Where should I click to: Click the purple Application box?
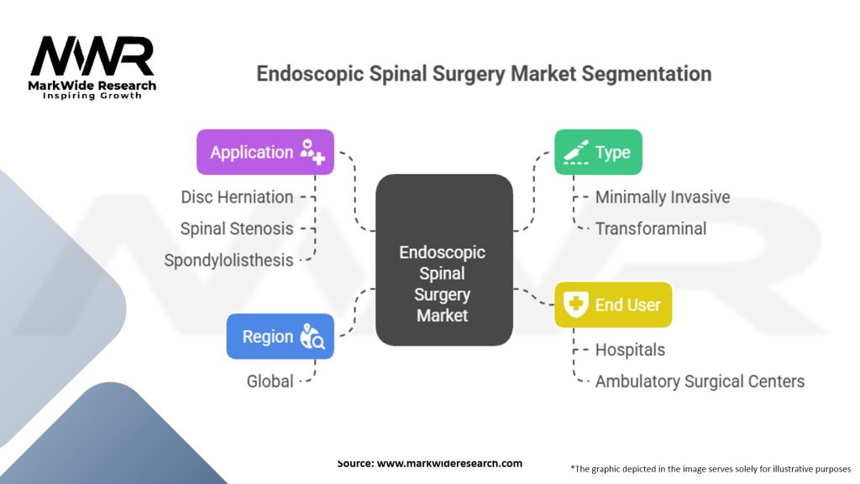pyautogui.click(x=265, y=152)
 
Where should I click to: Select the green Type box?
pyautogui.click(x=598, y=152)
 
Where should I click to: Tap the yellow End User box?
pyautogui.click(x=613, y=305)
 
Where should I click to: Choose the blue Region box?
pyautogui.click(x=280, y=336)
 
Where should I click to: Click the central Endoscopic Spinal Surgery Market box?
pyautogui.click(x=443, y=260)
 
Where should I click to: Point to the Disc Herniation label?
pyautogui.click(x=237, y=197)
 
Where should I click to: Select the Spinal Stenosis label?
pyautogui.click(x=237, y=229)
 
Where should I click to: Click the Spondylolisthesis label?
pyautogui.click(x=228, y=260)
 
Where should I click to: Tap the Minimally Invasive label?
pyautogui.click(x=663, y=197)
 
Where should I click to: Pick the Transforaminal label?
pyautogui.click(x=651, y=229)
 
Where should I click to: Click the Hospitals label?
pyautogui.click(x=630, y=350)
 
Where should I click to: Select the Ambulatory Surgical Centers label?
pyautogui.click(x=700, y=381)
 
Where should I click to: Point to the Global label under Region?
pyautogui.click(x=270, y=381)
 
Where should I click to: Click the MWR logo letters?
pyautogui.click(x=92, y=57)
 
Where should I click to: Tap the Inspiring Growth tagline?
pyautogui.click(x=92, y=96)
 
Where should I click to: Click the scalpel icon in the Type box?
pyautogui.click(x=574, y=152)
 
